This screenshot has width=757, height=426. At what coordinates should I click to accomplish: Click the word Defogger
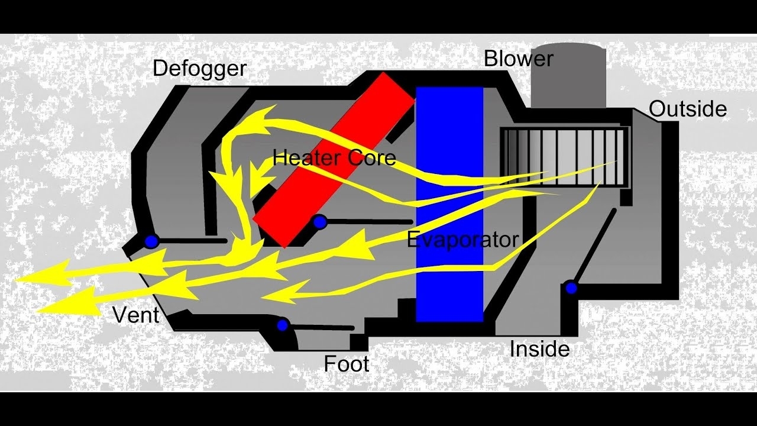199,69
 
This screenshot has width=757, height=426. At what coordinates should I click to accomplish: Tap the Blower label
518,59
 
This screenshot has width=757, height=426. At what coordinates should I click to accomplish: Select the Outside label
687,109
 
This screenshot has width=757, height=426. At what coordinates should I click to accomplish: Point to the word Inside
539,349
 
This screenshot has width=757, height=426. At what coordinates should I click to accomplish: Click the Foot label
346,363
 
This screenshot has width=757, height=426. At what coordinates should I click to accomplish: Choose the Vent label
136,315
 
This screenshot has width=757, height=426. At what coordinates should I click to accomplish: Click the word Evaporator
462,240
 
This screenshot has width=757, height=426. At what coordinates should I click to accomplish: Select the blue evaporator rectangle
449,284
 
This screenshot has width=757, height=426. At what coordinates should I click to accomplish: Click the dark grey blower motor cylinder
568,77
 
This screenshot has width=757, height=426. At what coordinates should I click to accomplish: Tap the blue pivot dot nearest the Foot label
283,325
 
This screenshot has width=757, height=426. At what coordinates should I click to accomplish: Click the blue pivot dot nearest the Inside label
571,288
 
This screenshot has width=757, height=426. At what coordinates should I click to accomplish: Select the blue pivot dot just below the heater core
319,222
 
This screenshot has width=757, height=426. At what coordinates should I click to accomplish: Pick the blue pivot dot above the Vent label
152,241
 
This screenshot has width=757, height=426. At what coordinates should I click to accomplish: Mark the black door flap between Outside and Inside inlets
594,246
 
